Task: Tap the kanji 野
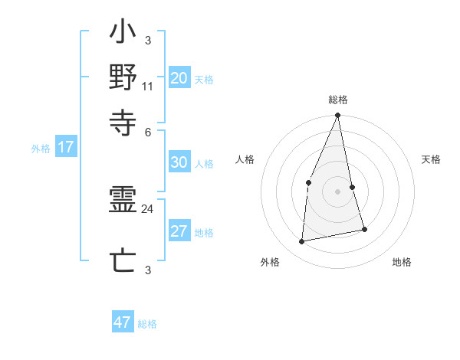click(x=123, y=78)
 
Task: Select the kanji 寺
click(x=123, y=120)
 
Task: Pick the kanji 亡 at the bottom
click(x=123, y=261)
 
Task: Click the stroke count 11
click(x=148, y=87)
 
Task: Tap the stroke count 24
click(x=148, y=208)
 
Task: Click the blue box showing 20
click(x=179, y=78)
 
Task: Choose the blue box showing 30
click(x=179, y=162)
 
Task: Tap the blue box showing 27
click(x=179, y=232)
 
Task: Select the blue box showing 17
click(x=65, y=147)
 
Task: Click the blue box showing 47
click(x=123, y=322)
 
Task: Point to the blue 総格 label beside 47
click(x=147, y=324)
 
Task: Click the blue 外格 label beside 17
click(x=41, y=149)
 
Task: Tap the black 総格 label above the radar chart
click(x=337, y=100)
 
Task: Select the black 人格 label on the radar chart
click(x=245, y=159)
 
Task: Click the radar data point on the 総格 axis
click(x=337, y=116)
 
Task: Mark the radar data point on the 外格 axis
click(x=302, y=241)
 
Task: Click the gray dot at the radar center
click(x=337, y=191)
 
